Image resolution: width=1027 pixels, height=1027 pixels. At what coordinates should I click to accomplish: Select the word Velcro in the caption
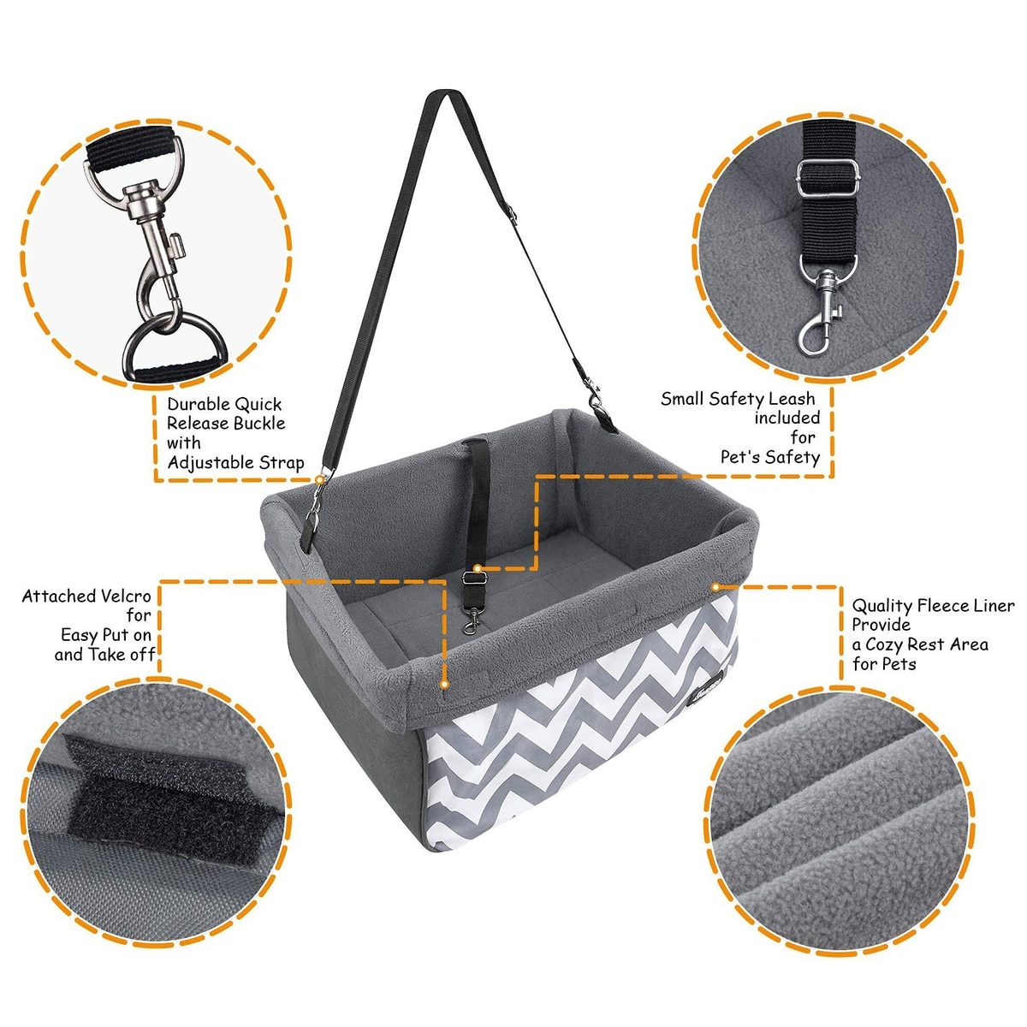(x=123, y=596)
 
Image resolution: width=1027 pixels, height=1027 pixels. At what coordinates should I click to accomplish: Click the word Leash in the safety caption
(x=791, y=399)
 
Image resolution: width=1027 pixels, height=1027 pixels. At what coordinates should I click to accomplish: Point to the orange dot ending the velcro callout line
(x=444, y=684)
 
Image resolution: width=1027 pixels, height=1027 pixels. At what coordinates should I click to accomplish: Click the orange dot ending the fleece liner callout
(x=715, y=587)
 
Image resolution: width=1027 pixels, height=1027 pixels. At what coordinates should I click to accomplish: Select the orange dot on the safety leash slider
(x=477, y=568)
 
